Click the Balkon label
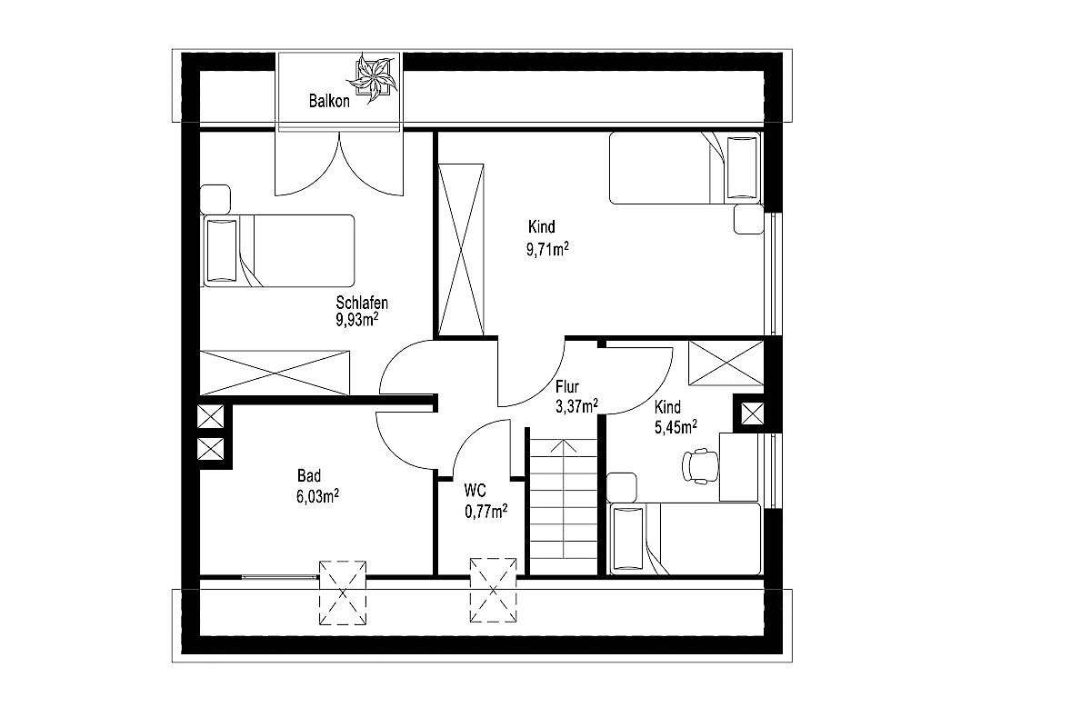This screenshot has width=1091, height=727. point(329,101)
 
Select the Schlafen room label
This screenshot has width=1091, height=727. point(362,303)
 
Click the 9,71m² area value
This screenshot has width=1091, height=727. point(547,249)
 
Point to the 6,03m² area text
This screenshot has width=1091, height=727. point(317,496)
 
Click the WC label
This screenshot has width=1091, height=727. point(475,490)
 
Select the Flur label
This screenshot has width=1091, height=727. point(567,386)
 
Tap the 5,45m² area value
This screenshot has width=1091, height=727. point(676,427)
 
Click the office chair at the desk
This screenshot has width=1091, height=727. point(700,466)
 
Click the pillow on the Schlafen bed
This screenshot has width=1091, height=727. point(222,251)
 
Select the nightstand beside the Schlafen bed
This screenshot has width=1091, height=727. point(215,199)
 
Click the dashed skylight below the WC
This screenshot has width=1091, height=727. point(493,590)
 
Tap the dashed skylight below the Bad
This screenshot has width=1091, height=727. point(343,593)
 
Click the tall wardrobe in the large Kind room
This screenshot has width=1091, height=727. point(461,249)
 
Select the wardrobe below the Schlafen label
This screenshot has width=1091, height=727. point(275,373)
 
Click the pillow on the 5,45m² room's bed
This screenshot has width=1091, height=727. point(628,539)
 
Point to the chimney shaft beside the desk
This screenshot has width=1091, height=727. point(753,413)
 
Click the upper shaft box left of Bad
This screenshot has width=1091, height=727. point(210,416)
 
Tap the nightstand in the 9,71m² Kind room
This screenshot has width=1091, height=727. point(748,219)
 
